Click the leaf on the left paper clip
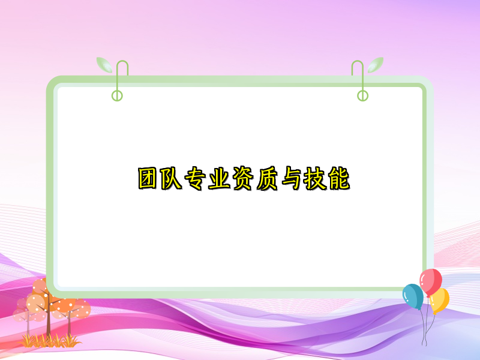coord(105,64)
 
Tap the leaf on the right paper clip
coord(375,64)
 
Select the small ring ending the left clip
coord(117,95)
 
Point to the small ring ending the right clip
coord(362,95)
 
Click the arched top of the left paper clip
coord(122,64)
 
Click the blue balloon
coord(412,296)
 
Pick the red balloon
coord(430,280)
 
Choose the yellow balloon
coord(440,300)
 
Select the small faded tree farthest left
coord(21,312)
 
